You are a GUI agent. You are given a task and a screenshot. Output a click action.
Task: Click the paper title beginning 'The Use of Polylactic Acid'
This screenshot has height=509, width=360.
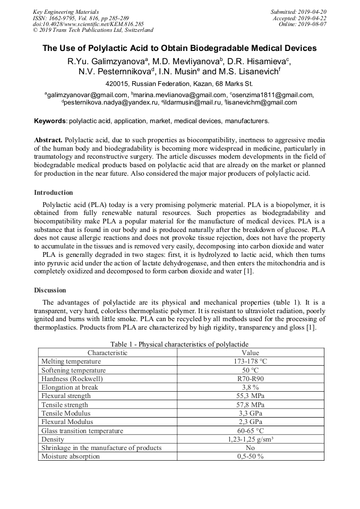(x=179, y=48)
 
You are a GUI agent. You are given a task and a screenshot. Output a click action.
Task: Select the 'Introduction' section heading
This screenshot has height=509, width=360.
(x=54, y=192)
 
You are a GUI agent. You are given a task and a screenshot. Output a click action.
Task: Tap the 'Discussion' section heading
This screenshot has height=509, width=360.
(x=50, y=290)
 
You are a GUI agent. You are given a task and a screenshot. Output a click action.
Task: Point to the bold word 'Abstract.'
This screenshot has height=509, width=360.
(x=48, y=139)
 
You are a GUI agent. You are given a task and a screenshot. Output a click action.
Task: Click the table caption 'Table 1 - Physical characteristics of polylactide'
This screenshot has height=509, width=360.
(x=179, y=344)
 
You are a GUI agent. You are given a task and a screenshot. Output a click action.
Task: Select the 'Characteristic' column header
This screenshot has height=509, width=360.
(x=107, y=352)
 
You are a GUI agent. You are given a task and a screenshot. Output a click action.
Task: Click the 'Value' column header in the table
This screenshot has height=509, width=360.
(x=250, y=352)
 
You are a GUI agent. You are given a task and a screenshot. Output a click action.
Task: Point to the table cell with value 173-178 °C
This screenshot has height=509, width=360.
(x=250, y=361)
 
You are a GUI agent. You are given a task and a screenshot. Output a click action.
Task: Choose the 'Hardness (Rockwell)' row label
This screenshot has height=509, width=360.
(x=72, y=378)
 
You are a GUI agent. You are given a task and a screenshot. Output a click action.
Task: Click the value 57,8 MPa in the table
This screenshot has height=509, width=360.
(x=250, y=404)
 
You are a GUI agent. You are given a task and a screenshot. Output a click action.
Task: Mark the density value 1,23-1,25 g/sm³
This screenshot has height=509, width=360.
(x=250, y=439)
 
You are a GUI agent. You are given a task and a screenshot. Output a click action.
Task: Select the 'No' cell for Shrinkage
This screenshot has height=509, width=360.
(x=250, y=447)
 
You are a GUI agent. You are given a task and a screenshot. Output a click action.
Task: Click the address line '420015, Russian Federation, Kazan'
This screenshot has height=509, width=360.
(x=179, y=84)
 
